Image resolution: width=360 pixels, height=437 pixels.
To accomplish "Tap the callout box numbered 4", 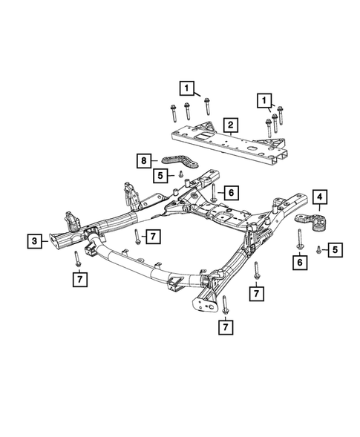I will coord(319,197).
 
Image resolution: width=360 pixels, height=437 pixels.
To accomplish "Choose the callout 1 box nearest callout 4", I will coord(263,99).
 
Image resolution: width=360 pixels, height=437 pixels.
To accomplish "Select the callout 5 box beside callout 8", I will coord(160,175).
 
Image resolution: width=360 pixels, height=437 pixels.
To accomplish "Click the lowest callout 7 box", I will coord(225,325).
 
